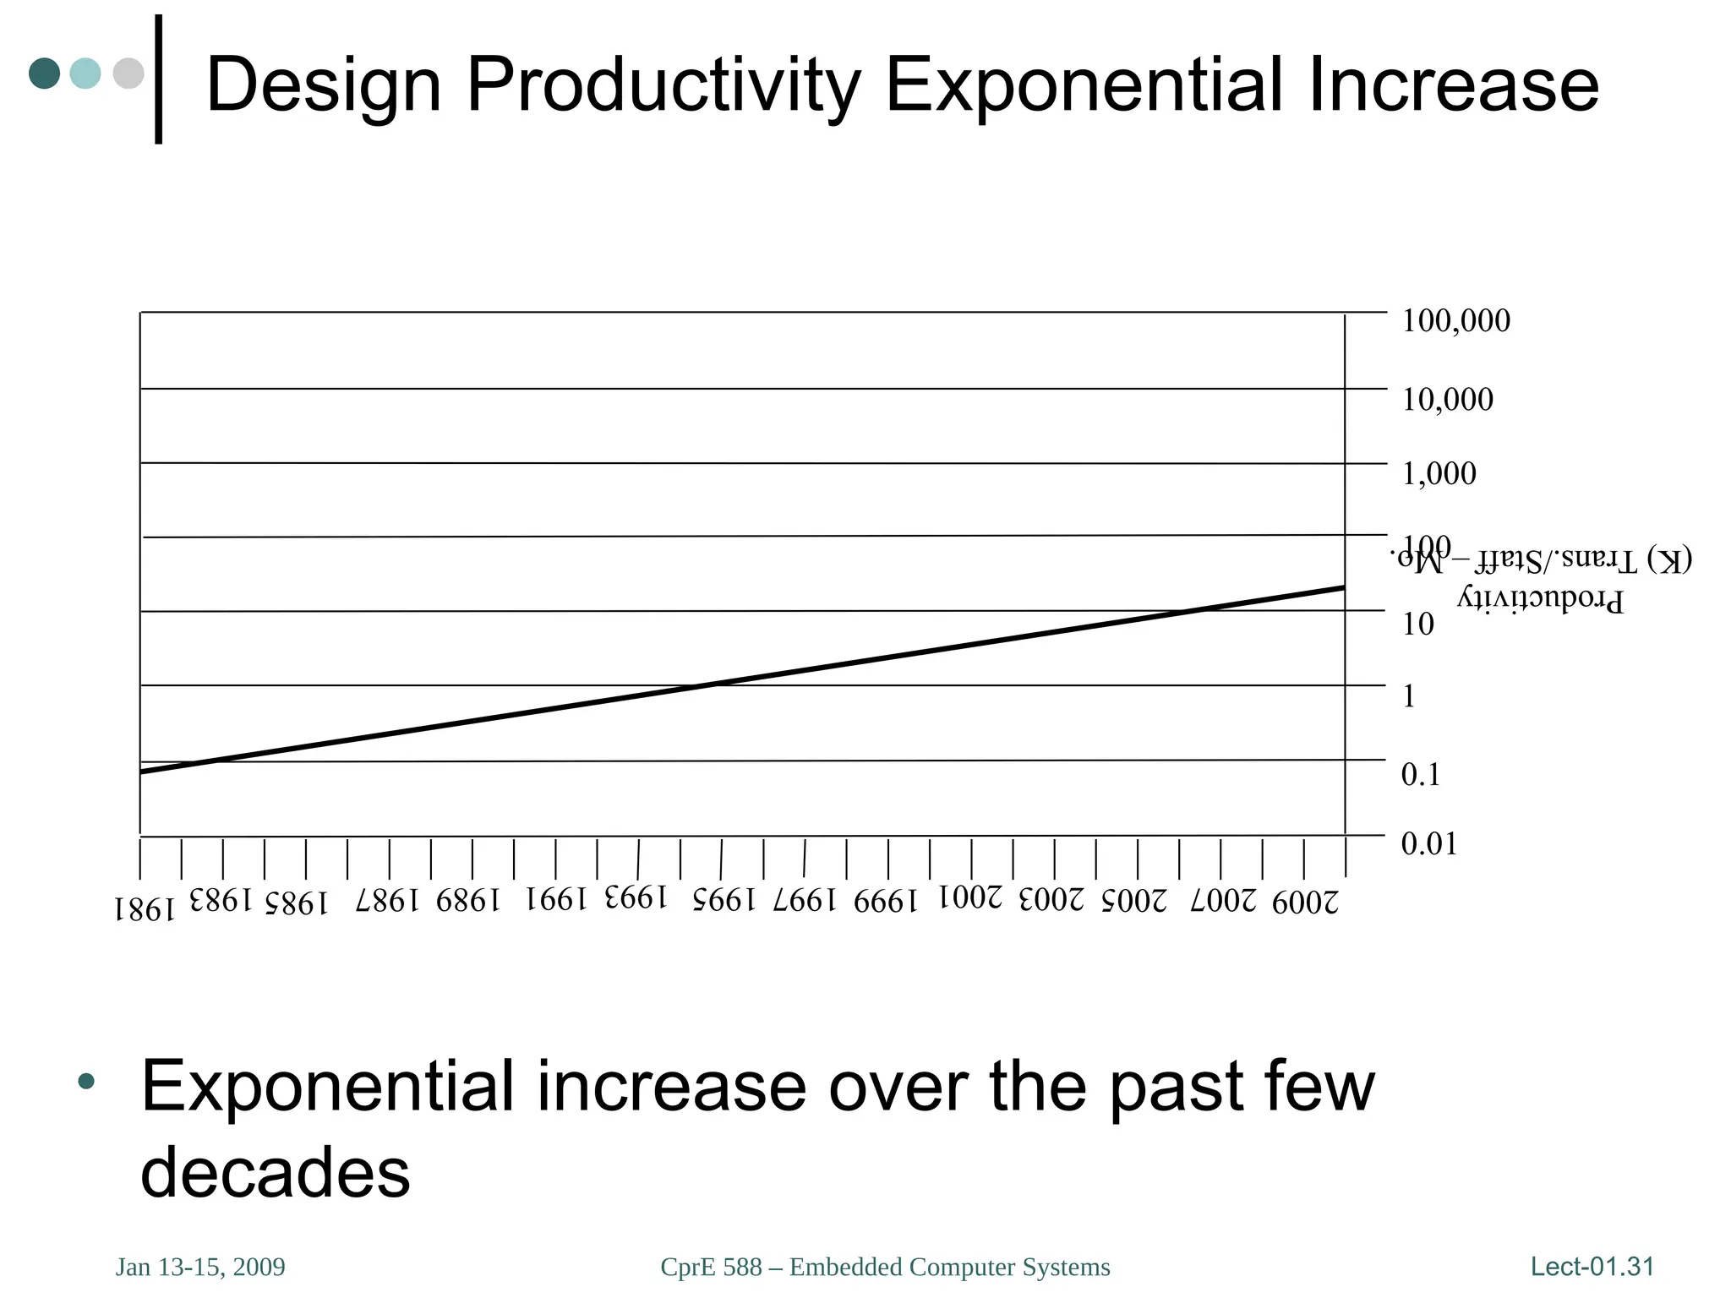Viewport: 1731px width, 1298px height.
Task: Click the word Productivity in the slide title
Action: click(x=663, y=85)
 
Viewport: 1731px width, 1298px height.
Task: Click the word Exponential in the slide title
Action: click(x=1084, y=85)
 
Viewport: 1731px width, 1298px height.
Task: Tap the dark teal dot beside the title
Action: click(x=44, y=74)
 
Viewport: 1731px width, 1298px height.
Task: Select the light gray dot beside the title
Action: click(x=128, y=74)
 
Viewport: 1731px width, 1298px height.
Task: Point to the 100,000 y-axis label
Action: click(x=1455, y=321)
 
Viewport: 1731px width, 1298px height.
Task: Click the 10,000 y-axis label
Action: click(x=1447, y=400)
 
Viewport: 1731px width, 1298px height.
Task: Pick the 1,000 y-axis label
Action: click(x=1439, y=474)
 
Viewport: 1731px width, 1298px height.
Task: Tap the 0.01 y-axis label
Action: click(x=1428, y=844)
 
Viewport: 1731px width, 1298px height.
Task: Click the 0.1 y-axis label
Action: click(x=1420, y=775)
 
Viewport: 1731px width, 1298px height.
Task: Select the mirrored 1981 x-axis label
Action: click(x=145, y=909)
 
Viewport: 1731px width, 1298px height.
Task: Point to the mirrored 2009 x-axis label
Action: click(x=1306, y=903)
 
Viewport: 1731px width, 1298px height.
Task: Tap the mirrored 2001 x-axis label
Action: click(x=971, y=897)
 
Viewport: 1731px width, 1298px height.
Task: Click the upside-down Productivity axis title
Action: click(x=1539, y=598)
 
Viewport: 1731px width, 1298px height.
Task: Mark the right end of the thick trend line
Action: click(x=1342, y=587)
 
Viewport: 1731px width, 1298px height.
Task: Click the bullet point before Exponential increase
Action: click(x=86, y=1081)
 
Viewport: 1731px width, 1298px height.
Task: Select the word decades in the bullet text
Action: click(x=275, y=1173)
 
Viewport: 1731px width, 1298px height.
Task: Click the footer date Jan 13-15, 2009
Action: click(x=200, y=1268)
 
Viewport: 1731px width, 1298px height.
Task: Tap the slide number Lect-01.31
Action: click(x=1592, y=1267)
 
